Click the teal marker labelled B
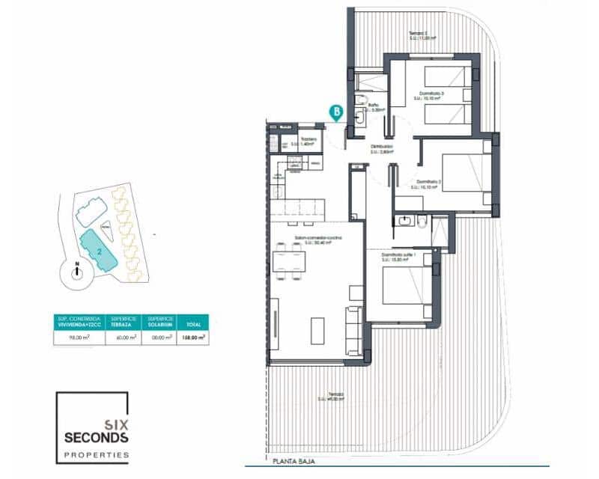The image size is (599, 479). click(x=337, y=113)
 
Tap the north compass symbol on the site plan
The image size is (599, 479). click(x=77, y=272)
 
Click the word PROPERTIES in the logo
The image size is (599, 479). click(x=94, y=454)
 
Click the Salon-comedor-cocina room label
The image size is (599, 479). click(x=317, y=239)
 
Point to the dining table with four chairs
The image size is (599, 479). click(x=291, y=262)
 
